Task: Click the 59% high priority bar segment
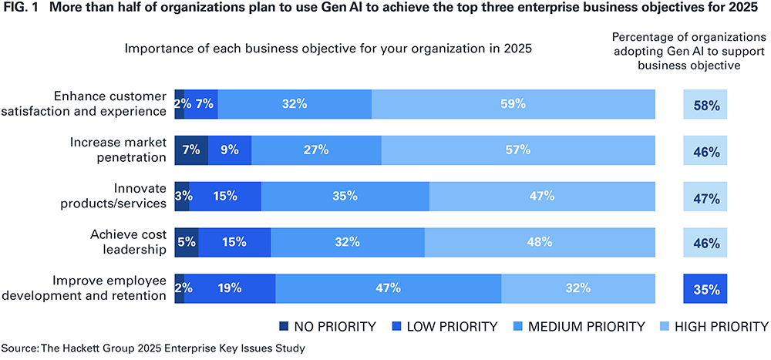coord(513,104)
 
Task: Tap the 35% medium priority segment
coord(345,196)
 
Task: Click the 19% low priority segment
coord(230,288)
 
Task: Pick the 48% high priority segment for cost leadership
coord(539,242)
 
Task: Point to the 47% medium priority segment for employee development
coord(388,288)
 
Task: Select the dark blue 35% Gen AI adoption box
coord(705,289)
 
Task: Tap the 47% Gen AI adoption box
coord(705,197)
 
